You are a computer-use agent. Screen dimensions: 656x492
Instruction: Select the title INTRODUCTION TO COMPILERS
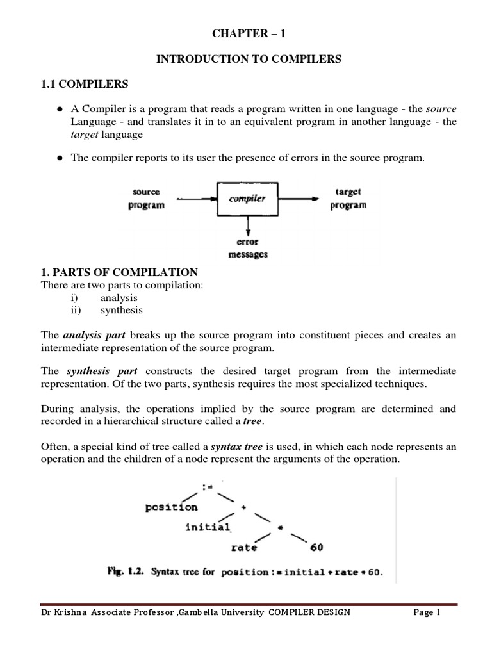point(249,59)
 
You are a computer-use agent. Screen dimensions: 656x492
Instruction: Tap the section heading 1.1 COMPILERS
point(85,84)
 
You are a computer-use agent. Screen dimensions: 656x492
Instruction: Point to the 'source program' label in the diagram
point(146,199)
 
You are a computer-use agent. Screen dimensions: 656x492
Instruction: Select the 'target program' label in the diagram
point(348,199)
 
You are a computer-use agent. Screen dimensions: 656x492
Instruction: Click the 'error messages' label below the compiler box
point(248,249)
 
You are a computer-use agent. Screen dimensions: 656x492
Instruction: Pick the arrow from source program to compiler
point(197,199)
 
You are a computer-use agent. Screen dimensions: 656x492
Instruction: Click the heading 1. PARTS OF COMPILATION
point(119,272)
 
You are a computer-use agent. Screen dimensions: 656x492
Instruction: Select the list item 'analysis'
point(119,298)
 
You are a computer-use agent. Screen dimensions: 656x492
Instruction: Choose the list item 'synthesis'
point(121,310)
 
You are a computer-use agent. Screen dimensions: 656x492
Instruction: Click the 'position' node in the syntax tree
point(172,507)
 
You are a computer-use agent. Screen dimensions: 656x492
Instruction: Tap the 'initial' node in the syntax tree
point(208,527)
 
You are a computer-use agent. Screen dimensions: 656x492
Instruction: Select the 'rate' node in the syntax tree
point(244,548)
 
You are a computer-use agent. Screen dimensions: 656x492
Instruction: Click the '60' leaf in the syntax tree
point(316,548)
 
